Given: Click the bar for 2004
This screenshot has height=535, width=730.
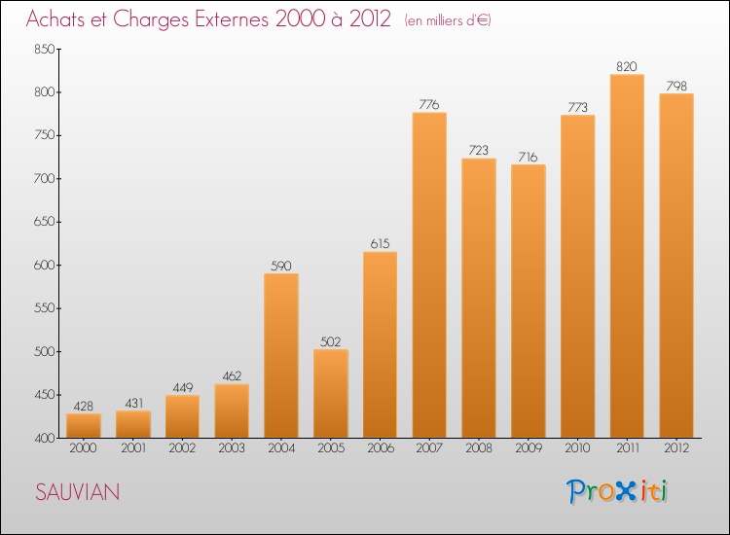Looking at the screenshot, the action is point(281,355).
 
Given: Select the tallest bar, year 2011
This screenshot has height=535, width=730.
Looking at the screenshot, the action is point(627,256).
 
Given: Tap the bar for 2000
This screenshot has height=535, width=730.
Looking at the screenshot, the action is point(84,426).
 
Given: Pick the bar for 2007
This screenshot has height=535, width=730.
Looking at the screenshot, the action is point(429,275).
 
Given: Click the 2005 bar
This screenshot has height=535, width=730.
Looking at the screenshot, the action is point(331,394).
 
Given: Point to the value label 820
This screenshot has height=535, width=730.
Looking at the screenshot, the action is point(627,66).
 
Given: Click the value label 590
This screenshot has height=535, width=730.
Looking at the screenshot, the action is point(280,266).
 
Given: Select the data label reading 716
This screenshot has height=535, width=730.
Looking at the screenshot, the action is point(528,157).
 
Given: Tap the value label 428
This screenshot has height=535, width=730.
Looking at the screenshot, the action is point(84,407).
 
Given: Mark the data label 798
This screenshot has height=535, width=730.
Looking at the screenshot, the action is point(676,86).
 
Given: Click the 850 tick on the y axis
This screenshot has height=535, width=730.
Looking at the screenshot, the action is point(45,49).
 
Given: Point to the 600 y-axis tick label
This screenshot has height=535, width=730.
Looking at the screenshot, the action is point(45,265).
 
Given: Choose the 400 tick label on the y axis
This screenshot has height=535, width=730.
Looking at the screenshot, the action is point(45,438).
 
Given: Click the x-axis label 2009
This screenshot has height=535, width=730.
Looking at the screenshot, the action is point(529,447).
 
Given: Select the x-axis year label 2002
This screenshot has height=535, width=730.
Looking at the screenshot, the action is point(182,447).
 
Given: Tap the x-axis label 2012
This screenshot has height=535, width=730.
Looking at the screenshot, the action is point(676,447).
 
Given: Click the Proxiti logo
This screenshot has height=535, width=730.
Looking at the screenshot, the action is point(617,491).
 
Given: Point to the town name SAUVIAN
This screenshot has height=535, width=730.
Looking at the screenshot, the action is point(78,492).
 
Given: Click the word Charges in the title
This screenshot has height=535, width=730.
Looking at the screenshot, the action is point(151,19).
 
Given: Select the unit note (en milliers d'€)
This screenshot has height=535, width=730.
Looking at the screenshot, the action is point(448,20).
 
